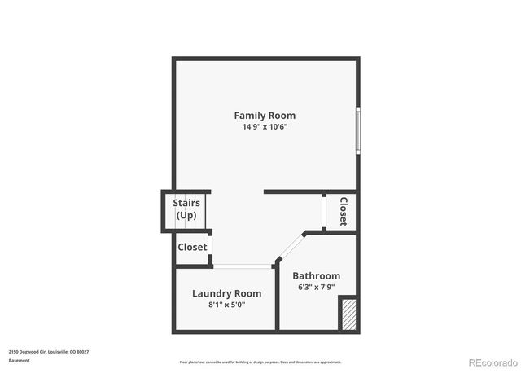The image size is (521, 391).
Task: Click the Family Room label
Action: (265, 116)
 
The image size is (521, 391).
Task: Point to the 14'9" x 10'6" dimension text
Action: (265, 127)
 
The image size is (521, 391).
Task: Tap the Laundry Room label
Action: (226, 293)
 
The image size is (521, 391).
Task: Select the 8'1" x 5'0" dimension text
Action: (226, 305)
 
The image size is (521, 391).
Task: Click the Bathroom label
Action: (316, 276)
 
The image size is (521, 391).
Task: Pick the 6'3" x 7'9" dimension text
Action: (316, 288)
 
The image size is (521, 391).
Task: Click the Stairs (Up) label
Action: (186, 209)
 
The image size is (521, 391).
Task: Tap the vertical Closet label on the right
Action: (344, 212)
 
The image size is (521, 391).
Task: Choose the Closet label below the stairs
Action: (192, 247)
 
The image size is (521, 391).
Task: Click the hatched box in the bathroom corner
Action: (348, 314)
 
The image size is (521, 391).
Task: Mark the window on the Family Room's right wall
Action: (357, 129)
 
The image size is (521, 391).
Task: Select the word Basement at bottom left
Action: (20, 360)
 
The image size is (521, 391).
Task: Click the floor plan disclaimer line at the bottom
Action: (260, 362)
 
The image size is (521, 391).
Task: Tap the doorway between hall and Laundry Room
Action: (243, 266)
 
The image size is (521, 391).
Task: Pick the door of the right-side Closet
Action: (325, 213)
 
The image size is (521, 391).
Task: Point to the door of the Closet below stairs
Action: (211, 246)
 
